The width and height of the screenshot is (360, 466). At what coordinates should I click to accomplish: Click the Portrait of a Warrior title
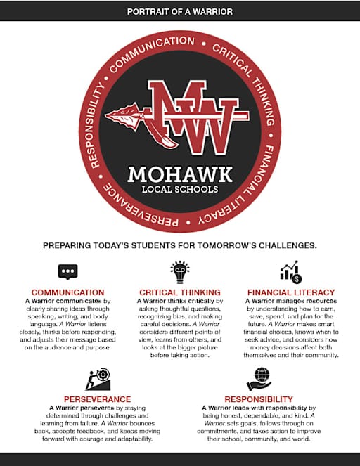click(x=179, y=12)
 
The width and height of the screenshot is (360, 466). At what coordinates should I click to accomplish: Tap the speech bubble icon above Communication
click(x=68, y=272)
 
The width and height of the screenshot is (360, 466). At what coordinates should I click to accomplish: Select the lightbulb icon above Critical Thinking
click(x=180, y=271)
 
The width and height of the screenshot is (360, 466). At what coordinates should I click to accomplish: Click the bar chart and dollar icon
click(x=290, y=272)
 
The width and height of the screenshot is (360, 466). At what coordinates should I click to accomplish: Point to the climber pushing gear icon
click(x=98, y=379)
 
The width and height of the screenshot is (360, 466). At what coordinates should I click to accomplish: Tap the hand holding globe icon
click(x=259, y=378)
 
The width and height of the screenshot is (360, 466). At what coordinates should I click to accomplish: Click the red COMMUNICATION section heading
click(x=68, y=292)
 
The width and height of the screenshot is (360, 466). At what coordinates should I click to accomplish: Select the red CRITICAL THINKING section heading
click(x=180, y=292)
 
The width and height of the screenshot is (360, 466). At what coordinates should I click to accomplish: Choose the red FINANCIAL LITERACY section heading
click(x=291, y=292)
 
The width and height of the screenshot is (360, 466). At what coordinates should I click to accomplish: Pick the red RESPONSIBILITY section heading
click(x=259, y=398)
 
